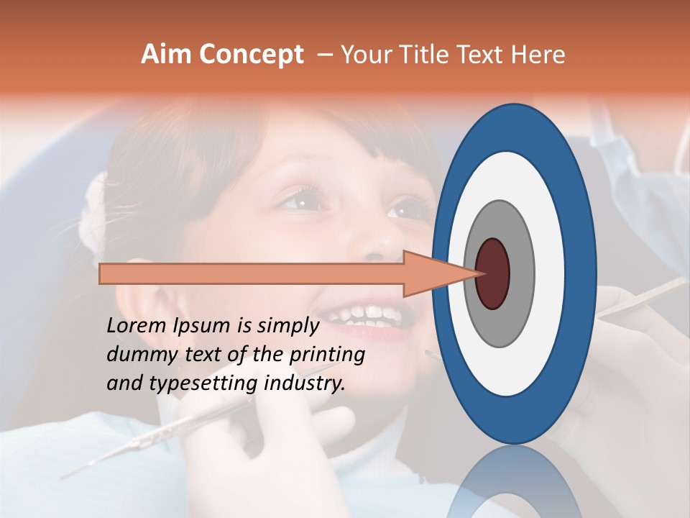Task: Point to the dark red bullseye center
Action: tap(492, 274)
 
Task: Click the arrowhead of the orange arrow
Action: tap(438, 274)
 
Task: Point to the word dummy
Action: tap(137, 355)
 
